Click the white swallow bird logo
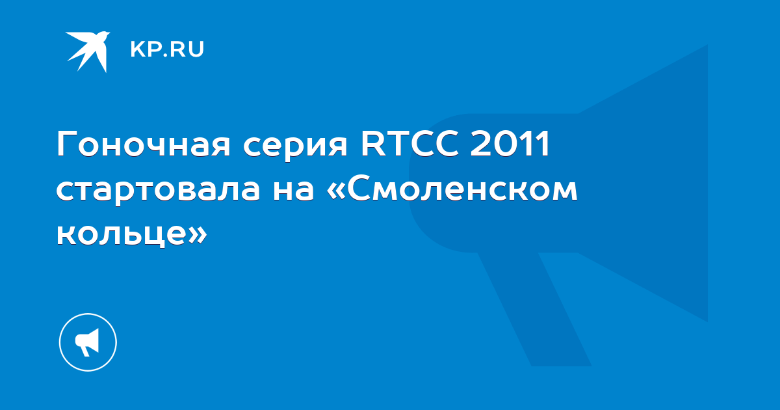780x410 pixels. (x=88, y=51)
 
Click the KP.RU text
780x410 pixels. (x=167, y=49)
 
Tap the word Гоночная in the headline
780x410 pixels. (x=144, y=143)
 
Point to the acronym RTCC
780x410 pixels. (x=409, y=143)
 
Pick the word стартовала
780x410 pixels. (x=158, y=191)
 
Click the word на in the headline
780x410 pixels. (x=294, y=191)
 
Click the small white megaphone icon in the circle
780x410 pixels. (x=87, y=342)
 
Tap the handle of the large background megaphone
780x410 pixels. (x=534, y=309)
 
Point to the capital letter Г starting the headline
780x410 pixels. (x=66, y=143)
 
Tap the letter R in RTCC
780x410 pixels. (x=372, y=143)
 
